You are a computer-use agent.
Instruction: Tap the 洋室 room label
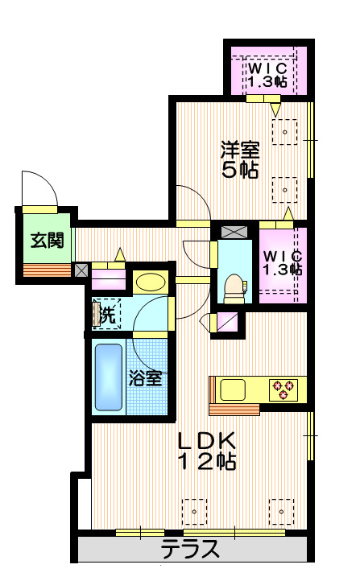coord(241,149)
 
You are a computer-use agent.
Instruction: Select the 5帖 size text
coord(241,170)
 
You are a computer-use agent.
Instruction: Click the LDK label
coord(206,440)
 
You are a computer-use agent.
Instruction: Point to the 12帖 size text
coord(206,462)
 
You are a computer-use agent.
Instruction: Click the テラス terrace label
coord(190,550)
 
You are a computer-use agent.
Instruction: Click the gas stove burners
coord(284,389)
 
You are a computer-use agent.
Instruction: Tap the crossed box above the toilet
coord(235,232)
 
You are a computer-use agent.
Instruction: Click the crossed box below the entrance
coord(81,270)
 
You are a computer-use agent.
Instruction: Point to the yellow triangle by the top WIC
coord(276,108)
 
